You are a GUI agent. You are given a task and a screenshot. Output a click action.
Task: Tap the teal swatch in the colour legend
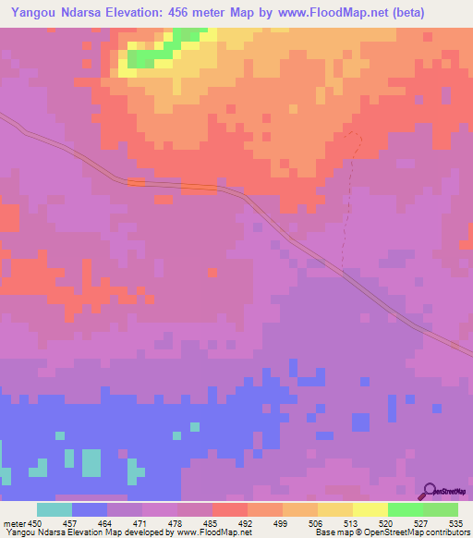(55, 509)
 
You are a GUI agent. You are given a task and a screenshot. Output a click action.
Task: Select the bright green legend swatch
(406, 509)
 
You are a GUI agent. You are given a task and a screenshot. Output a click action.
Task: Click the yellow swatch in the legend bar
(370, 509)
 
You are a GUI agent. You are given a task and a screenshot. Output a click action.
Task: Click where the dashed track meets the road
(343, 273)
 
